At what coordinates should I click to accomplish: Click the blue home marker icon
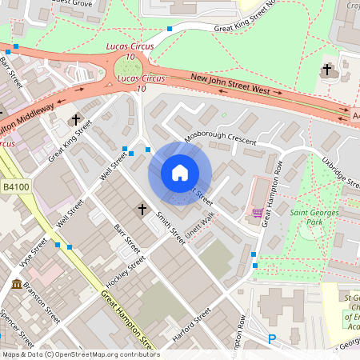pos(180,173)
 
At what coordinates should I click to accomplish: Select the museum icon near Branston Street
pos(18,284)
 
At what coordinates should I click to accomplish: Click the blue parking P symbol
pos(271,339)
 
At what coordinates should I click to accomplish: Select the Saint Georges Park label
pos(314,212)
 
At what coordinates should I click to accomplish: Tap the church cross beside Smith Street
pos(142,210)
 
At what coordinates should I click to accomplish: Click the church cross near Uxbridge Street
pos(326,70)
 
